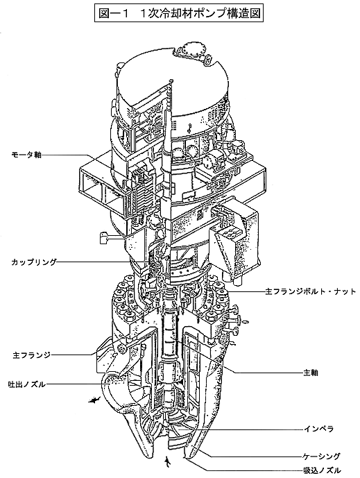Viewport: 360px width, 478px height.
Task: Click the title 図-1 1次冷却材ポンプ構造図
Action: point(180,13)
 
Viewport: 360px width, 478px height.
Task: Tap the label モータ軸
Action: point(26,155)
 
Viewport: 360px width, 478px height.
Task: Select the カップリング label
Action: point(34,262)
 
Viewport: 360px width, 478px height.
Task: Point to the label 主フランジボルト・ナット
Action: point(310,292)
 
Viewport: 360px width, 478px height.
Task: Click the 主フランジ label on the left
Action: point(32,355)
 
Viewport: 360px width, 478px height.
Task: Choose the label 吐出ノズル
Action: point(27,384)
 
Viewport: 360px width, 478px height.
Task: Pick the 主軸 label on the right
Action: point(311,373)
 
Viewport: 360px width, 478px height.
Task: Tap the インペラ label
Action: point(318,429)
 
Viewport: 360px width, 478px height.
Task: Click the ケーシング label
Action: point(321,456)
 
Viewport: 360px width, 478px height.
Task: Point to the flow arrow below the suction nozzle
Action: point(166,462)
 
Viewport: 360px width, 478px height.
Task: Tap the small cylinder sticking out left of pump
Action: point(104,237)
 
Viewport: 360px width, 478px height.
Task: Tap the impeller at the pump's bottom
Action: point(175,430)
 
